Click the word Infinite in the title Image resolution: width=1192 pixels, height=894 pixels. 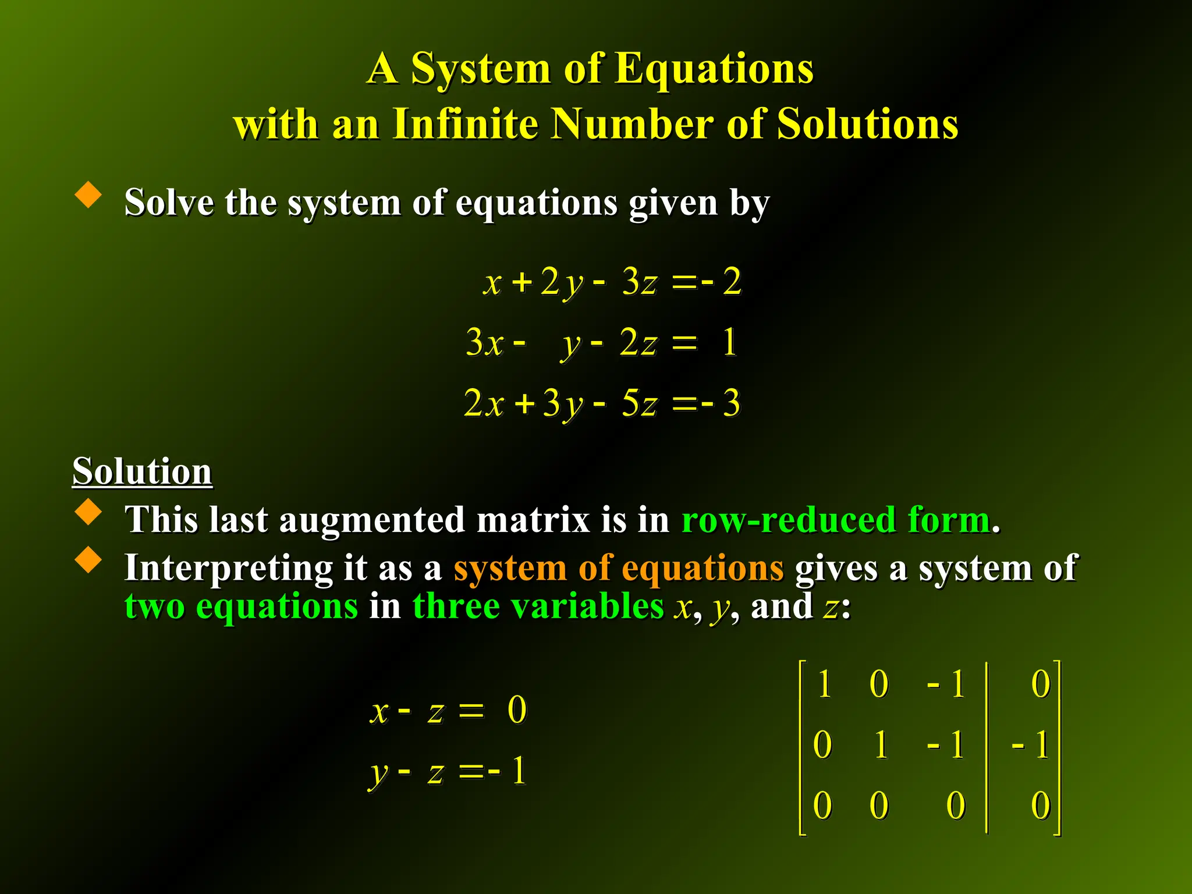pos(465,123)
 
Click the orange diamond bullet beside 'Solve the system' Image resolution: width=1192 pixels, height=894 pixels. pos(88,194)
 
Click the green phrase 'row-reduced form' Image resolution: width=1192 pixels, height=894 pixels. pos(836,519)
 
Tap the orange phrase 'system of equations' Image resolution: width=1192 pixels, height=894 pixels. pos(618,567)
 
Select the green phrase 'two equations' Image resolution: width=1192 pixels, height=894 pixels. pos(241,606)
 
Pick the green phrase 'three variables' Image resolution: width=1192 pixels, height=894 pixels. pos(538,606)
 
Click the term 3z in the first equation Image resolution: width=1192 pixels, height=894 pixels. pos(639,281)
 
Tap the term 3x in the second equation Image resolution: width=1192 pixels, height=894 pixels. pos(484,342)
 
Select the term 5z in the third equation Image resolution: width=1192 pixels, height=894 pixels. pos(639,403)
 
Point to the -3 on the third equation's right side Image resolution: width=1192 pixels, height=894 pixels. pos(722,403)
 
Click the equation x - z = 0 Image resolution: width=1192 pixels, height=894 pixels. pos(448,711)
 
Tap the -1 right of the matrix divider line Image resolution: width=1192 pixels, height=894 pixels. pos(1031,744)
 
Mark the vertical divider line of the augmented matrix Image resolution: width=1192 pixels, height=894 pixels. pos(987,747)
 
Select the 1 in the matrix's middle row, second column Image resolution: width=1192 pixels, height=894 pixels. pos(881,744)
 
